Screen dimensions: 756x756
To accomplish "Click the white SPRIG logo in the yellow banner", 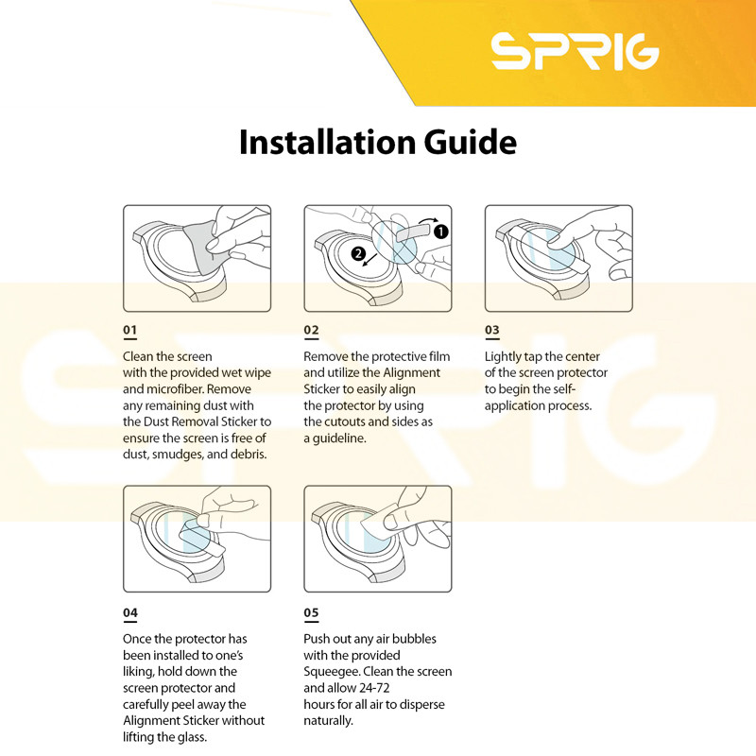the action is coord(575,51).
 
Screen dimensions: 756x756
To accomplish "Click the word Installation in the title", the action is coord(327,143).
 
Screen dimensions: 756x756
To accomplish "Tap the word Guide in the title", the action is coord(470,143).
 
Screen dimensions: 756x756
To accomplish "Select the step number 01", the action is coord(129,330).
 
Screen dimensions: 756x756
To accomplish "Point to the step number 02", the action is coord(311,330).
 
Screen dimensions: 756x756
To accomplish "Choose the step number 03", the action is coord(491,330).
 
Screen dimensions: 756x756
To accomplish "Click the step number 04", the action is coord(130,612).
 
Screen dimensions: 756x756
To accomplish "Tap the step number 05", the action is coord(311,612).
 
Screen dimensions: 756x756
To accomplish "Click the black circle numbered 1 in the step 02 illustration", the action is coord(440,232).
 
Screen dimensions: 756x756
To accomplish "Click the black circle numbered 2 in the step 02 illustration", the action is coord(358,253).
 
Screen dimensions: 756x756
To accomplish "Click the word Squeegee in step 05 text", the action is coord(332,672).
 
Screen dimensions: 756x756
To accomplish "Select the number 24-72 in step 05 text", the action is coord(374,688).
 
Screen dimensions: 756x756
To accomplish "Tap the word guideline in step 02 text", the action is coord(339,438).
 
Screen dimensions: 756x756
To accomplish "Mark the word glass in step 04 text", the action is coord(191,737).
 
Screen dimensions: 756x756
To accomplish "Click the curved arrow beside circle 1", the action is coord(429,221).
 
